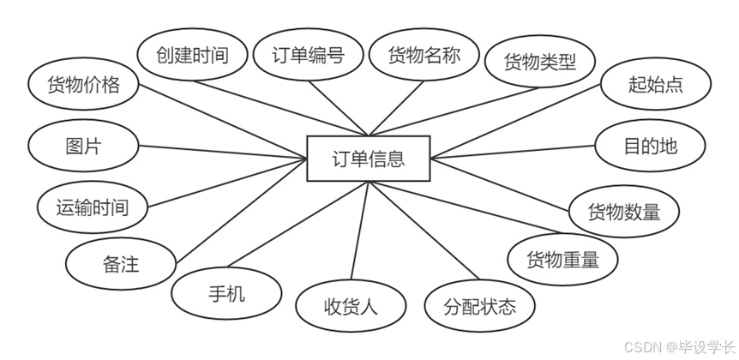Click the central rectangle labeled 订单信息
[x=369, y=159]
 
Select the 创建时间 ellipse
[x=192, y=57]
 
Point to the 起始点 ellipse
[x=656, y=85]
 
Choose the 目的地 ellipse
[x=650, y=146]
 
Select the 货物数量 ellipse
[x=624, y=211]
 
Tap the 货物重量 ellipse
[x=562, y=258]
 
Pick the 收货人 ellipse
[x=351, y=306]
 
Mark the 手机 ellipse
[x=226, y=294]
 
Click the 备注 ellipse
[x=120, y=263]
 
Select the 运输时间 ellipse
[x=92, y=207]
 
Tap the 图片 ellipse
[x=83, y=146]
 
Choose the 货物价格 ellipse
[x=82, y=85]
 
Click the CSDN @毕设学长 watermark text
[x=677, y=346]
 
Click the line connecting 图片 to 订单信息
[x=223, y=153]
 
